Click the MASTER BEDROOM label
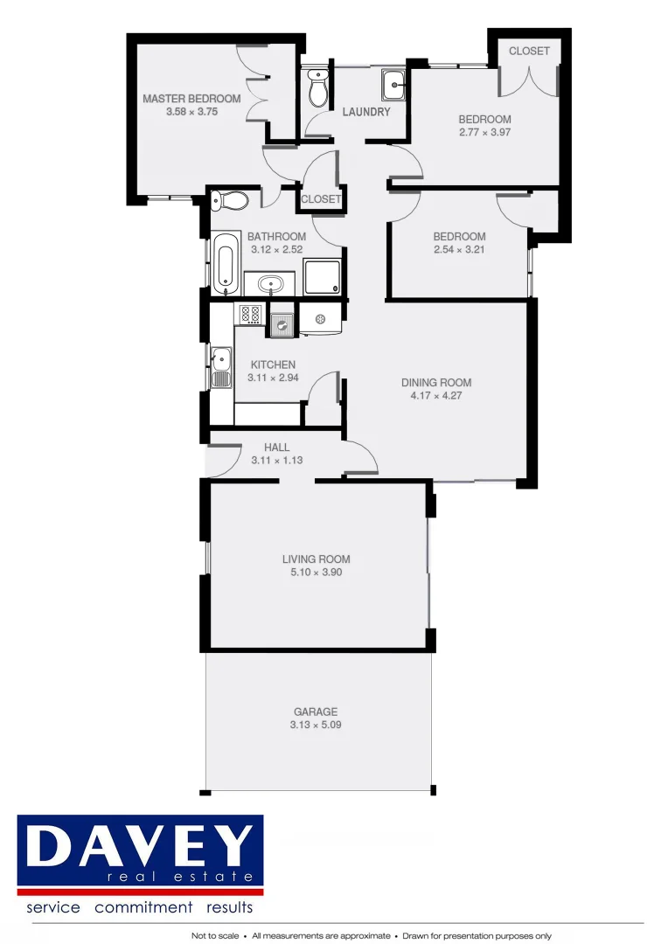[x=191, y=99]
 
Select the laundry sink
[x=394, y=86]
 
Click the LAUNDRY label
[x=366, y=112]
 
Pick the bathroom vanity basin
[x=270, y=284]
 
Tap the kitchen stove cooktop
[x=249, y=314]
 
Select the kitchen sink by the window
[x=221, y=366]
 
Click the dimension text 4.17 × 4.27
[x=436, y=395]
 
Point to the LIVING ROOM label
[x=316, y=559]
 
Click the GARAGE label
[x=315, y=711]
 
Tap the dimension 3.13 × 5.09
[x=315, y=725]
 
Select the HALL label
[x=276, y=448]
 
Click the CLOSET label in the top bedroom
[x=529, y=51]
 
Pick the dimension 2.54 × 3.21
[x=459, y=249]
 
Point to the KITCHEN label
[x=273, y=364]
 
